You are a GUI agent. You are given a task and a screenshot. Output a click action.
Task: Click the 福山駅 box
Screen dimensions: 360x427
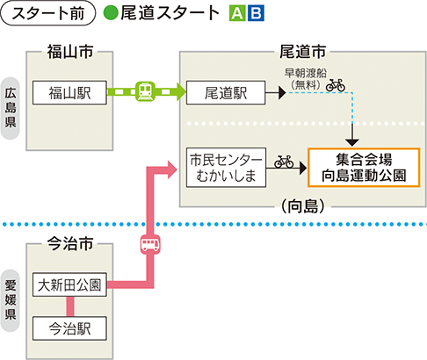[x=69, y=91]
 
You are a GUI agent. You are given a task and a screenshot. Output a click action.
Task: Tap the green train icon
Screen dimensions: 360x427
[x=146, y=91]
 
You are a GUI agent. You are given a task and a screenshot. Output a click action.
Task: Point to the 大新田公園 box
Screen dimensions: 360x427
[x=69, y=284]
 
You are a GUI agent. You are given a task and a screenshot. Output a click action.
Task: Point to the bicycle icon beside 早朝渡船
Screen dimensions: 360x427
[x=335, y=85]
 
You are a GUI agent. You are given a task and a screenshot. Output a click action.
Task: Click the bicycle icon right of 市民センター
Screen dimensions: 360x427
[x=284, y=162]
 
